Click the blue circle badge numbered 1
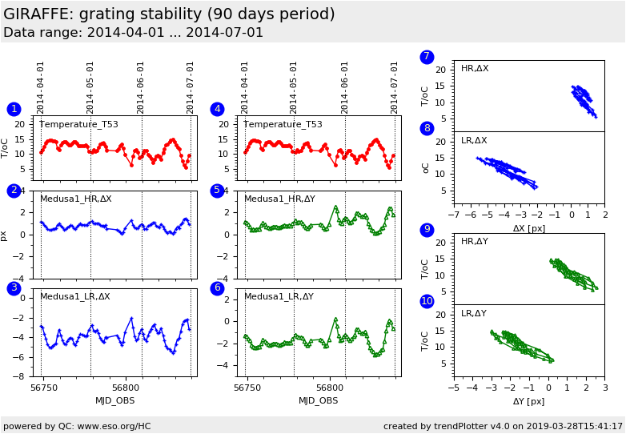click(x=14, y=109)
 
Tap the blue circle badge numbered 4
click(x=217, y=109)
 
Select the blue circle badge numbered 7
click(x=427, y=57)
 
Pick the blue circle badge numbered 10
click(x=427, y=301)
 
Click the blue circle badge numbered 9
click(x=427, y=230)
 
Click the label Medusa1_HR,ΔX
click(x=76, y=199)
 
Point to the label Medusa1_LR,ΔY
click(x=279, y=296)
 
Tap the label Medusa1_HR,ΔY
click(x=279, y=199)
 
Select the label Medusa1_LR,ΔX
click(x=75, y=296)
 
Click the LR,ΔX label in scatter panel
click(x=474, y=141)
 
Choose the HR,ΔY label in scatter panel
click(x=474, y=242)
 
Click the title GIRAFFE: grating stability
click(x=169, y=14)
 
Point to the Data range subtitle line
click(x=133, y=33)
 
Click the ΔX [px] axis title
click(x=528, y=228)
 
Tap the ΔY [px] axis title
click(x=528, y=401)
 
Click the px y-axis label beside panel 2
click(x=4, y=235)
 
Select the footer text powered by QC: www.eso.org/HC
click(x=77, y=426)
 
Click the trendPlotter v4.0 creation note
click(x=503, y=426)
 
